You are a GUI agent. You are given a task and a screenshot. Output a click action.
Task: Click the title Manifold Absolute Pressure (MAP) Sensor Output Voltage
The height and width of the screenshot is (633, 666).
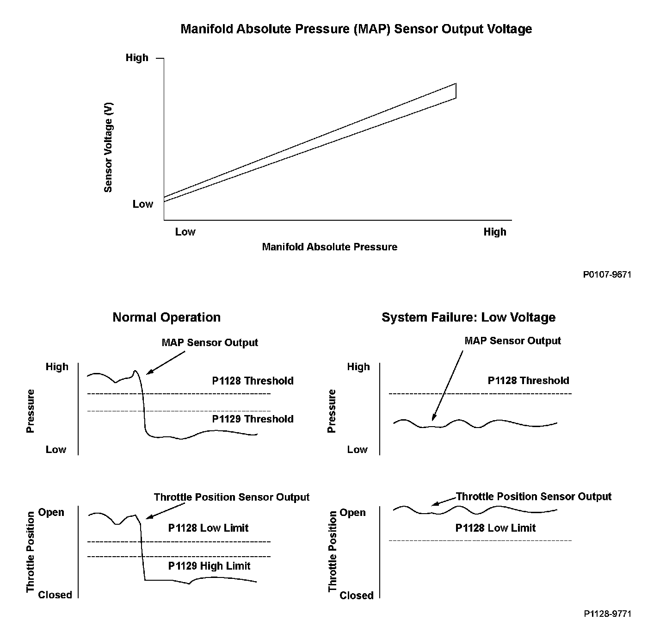[356, 29]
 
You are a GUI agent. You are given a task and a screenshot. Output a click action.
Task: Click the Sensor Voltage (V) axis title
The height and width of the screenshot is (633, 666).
[108, 147]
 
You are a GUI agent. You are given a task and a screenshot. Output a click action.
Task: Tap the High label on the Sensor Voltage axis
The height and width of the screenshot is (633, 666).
[137, 58]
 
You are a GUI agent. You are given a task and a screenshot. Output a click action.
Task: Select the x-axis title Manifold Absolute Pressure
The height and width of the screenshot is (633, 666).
[329, 247]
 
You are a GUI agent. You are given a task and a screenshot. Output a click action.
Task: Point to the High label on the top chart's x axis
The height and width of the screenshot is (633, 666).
[495, 232]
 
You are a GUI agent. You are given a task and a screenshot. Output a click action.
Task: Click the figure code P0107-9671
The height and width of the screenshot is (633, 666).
[607, 275]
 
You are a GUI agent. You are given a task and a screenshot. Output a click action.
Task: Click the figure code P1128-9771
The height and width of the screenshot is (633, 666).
[607, 614]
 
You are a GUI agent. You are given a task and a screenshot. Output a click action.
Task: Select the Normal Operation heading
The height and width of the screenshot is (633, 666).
[166, 317]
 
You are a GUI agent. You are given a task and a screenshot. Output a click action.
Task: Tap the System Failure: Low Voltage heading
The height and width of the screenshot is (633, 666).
[468, 317]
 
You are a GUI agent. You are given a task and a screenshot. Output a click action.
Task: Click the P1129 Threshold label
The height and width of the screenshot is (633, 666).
[253, 419]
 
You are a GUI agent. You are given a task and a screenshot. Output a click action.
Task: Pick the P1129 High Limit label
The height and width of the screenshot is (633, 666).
[209, 566]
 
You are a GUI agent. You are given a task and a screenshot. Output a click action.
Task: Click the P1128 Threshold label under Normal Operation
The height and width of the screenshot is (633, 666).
[253, 381]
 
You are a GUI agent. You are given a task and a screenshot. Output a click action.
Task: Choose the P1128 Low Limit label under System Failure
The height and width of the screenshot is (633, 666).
[495, 528]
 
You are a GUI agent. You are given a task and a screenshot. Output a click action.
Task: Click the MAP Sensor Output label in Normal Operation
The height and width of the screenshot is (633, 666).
[210, 343]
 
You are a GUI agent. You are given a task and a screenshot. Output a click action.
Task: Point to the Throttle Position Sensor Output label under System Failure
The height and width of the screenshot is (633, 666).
[534, 497]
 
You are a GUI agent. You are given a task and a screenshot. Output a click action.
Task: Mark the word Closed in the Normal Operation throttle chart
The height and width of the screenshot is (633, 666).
[55, 595]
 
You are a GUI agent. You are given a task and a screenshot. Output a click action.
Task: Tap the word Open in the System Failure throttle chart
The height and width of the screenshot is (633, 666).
[352, 513]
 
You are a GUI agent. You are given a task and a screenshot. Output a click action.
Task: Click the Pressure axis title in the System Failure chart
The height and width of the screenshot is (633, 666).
[331, 411]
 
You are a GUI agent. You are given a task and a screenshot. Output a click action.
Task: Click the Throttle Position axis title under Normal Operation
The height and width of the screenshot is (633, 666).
[31, 552]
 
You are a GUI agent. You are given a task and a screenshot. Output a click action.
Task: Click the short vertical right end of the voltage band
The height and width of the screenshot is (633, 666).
[456, 91]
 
